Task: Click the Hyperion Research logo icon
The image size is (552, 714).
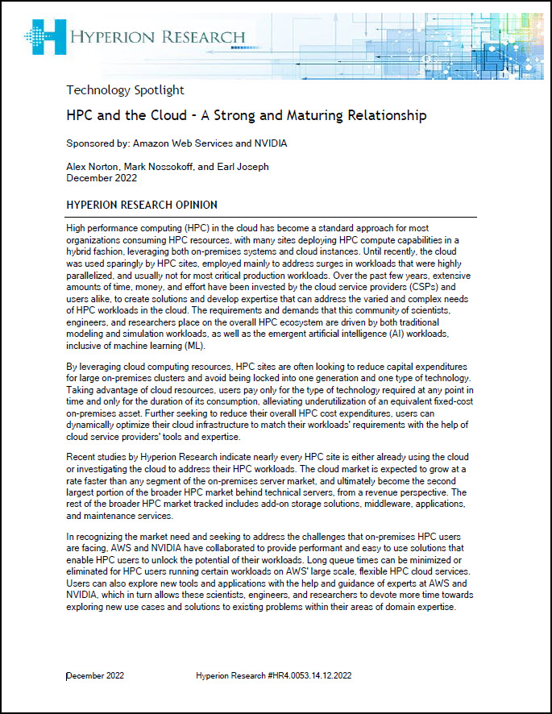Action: (44, 35)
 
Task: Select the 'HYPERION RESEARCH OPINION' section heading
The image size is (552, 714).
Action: (141, 205)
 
